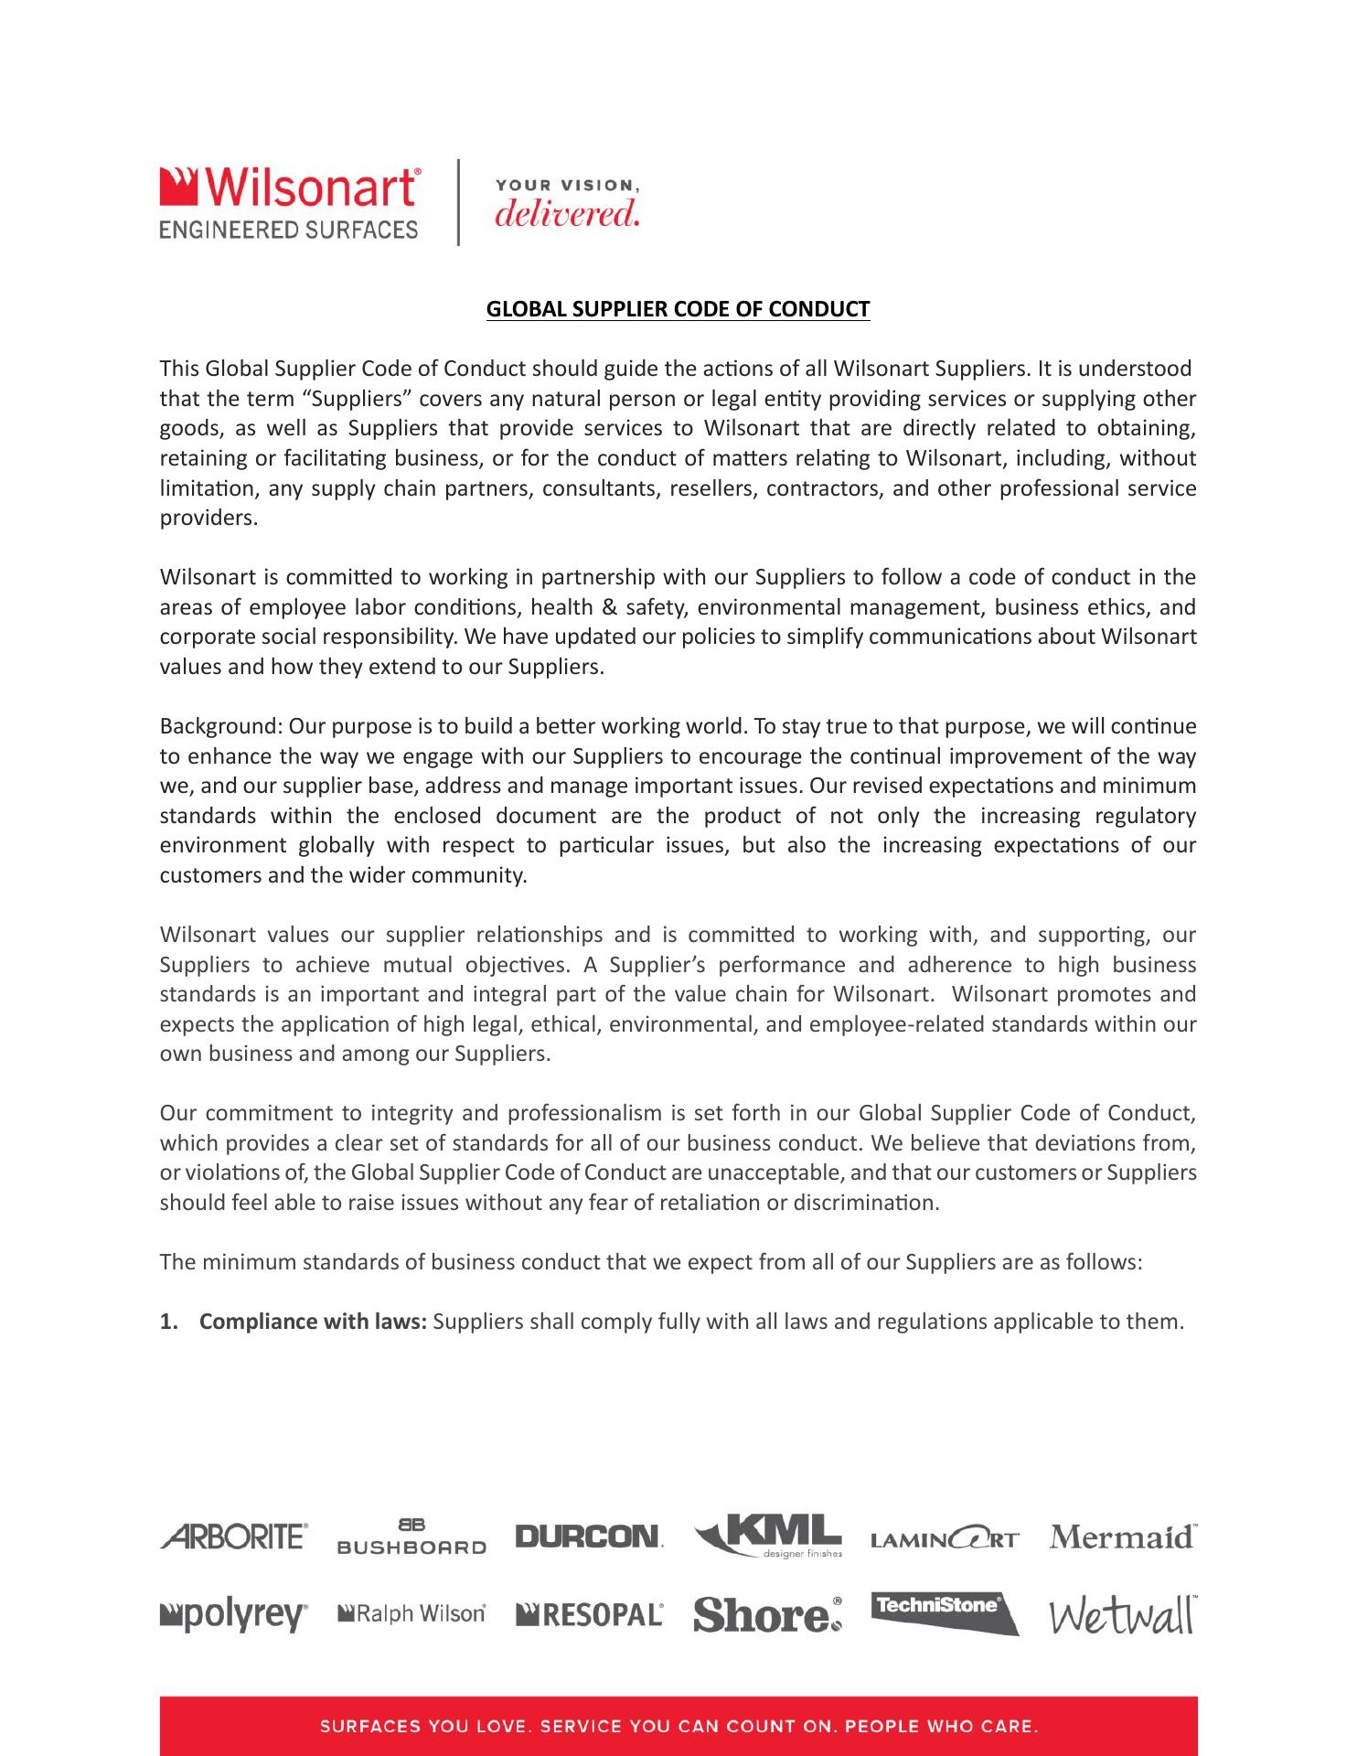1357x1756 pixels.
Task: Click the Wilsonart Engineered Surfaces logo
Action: (290, 202)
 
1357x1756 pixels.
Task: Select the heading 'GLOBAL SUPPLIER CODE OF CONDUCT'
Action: (678, 309)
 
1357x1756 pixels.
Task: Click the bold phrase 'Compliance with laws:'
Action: (314, 1322)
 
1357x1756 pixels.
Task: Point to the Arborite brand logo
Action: (235, 1536)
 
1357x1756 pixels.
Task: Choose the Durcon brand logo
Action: (589, 1536)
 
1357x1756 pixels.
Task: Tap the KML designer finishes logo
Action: (768, 1535)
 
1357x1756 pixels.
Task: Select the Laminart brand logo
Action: (944, 1539)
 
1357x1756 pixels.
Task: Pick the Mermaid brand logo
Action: (1123, 1536)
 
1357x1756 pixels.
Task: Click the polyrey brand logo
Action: (235, 1615)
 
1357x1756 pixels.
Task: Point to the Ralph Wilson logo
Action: (411, 1614)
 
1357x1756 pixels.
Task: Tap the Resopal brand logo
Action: (590, 1615)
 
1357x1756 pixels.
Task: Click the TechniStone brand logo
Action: (944, 1611)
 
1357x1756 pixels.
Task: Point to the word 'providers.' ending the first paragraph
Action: (209, 519)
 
